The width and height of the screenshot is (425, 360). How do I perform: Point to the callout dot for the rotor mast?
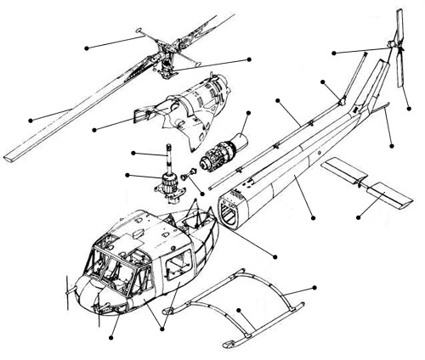point(133,154)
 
